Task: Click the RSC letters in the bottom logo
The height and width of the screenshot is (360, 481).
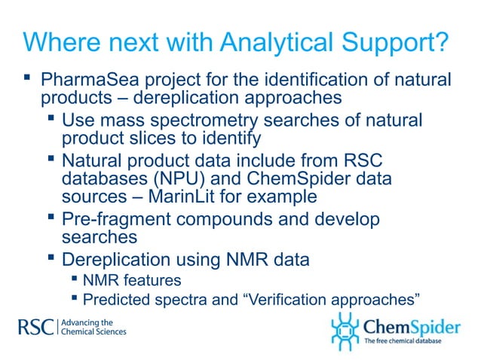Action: tap(35, 327)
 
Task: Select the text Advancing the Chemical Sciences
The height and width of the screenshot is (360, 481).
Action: tap(92, 327)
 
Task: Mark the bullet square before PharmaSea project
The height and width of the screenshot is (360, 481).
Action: tap(27, 77)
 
